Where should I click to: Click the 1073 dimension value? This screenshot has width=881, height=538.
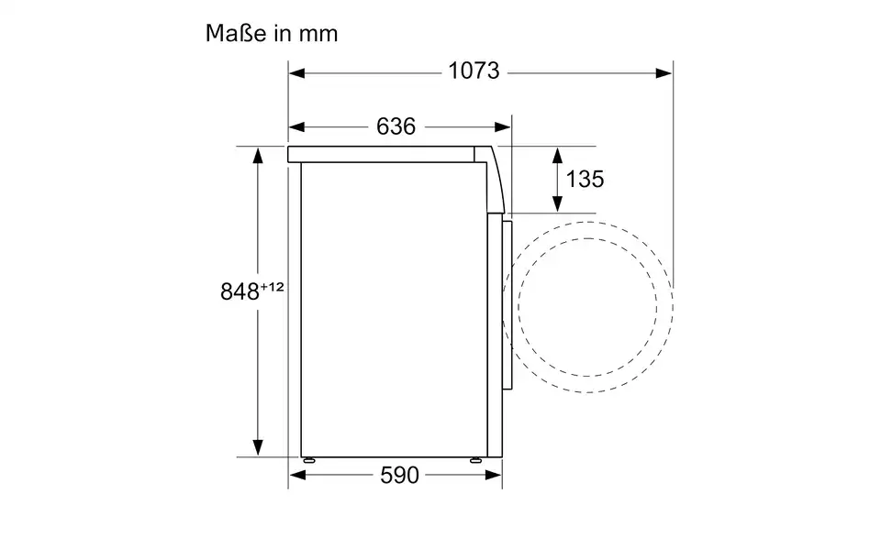(474, 71)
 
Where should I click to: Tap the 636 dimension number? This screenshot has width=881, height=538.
(396, 126)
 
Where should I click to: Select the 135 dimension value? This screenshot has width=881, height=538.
(585, 180)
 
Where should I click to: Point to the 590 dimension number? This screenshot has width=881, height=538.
(399, 475)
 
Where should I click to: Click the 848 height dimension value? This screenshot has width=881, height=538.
(240, 291)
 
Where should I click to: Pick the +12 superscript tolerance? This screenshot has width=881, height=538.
(272, 287)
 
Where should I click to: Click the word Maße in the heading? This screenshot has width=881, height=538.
(236, 33)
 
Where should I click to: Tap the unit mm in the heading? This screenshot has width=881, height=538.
(318, 34)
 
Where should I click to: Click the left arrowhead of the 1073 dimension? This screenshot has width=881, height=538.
(296, 73)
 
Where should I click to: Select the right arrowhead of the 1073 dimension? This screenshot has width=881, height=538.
(664, 73)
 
